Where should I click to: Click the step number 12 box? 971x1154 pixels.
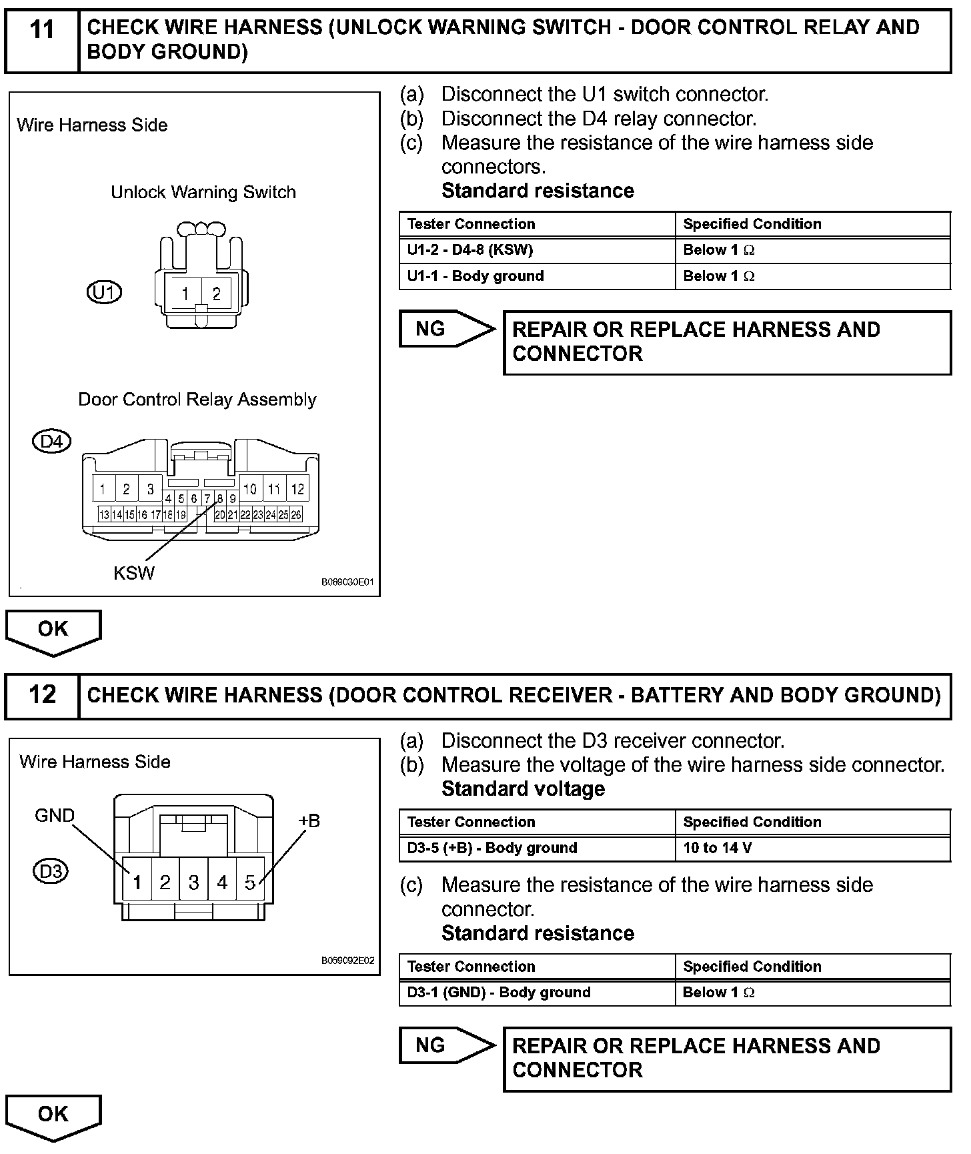[42, 696]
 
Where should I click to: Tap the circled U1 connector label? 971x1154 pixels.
[105, 292]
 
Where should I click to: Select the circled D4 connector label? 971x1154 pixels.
[51, 441]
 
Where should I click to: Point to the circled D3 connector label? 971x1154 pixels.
[51, 871]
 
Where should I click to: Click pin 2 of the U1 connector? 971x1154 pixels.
[216, 294]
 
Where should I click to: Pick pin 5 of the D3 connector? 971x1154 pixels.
[250, 883]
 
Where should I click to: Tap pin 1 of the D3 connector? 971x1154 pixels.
[137, 883]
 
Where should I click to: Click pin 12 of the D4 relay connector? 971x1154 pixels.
[297, 489]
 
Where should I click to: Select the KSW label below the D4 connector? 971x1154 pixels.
[134, 573]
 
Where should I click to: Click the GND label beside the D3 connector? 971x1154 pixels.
[55, 815]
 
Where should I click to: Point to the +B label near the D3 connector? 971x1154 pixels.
[309, 820]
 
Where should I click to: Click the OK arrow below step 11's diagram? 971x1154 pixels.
[53, 631]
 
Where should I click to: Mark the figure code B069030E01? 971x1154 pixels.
[347, 582]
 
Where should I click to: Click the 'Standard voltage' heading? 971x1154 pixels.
[523, 789]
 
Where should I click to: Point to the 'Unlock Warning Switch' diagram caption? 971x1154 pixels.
[203, 192]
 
